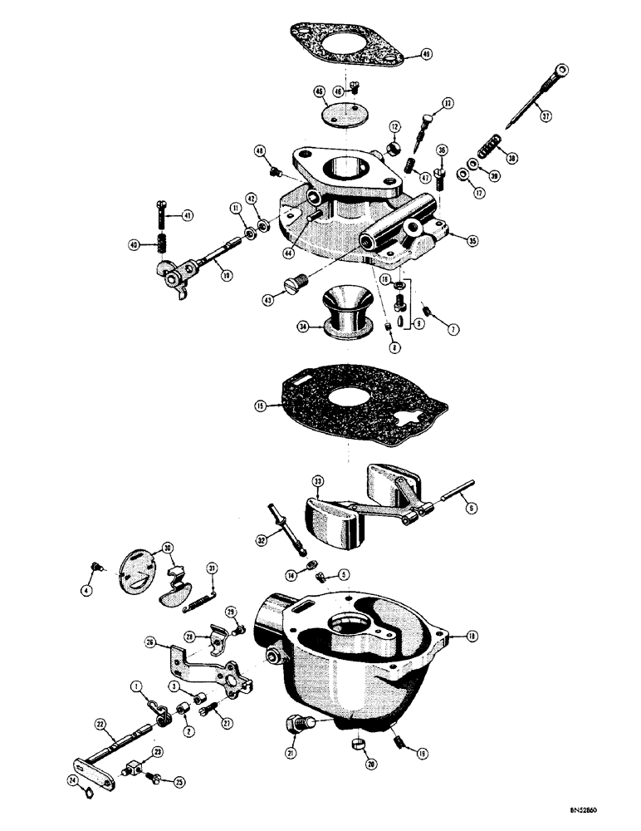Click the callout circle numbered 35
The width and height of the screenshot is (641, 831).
472,242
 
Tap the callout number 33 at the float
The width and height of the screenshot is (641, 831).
317,481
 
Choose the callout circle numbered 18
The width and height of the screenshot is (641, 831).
472,637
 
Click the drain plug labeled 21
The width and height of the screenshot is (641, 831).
296,727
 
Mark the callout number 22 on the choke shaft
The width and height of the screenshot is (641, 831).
101,725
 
